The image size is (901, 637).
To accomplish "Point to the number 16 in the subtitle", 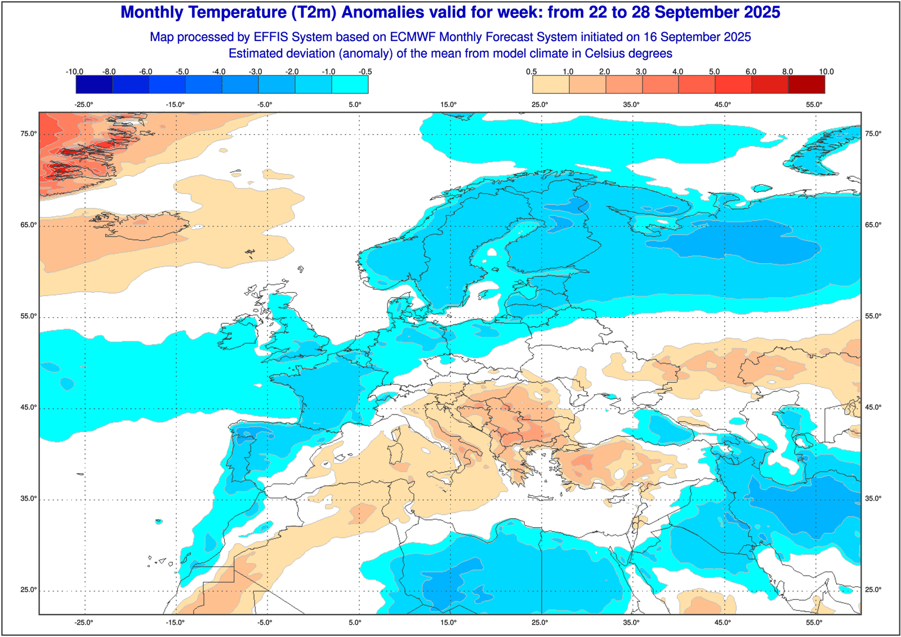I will [650, 37].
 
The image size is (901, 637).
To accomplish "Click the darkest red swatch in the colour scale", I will [806, 84].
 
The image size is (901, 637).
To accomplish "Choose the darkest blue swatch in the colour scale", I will [94, 84].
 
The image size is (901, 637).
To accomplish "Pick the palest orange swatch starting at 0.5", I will [551, 84].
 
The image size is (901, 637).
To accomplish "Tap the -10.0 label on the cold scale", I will [74, 72].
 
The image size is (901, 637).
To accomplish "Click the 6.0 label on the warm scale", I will [751, 72].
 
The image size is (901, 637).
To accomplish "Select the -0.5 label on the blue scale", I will [365, 72].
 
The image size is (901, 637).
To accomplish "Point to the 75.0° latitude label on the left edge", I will [29, 133].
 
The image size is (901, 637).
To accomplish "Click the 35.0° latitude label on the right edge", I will [873, 498].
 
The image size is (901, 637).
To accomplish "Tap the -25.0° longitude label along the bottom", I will [84, 622].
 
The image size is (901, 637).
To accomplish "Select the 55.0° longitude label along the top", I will [814, 104].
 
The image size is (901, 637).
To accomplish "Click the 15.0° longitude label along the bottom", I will [449, 622].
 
